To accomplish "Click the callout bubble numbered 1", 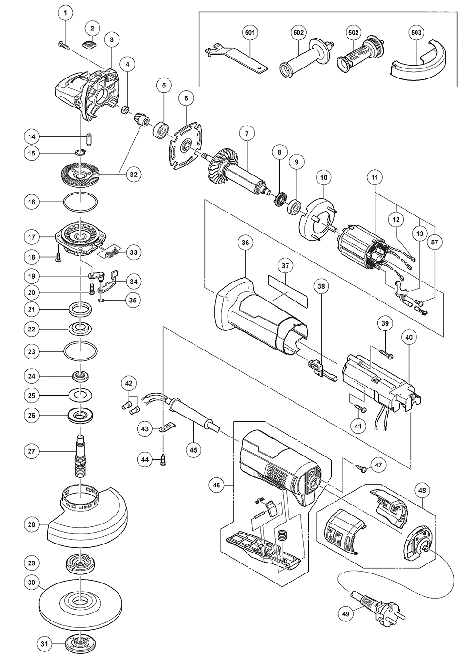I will tap(66, 13).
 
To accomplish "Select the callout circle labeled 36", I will tap(245, 243).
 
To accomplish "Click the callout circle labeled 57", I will tap(434, 242).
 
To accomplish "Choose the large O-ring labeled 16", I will tap(81, 202).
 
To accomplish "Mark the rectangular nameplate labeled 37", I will tap(287, 290).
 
